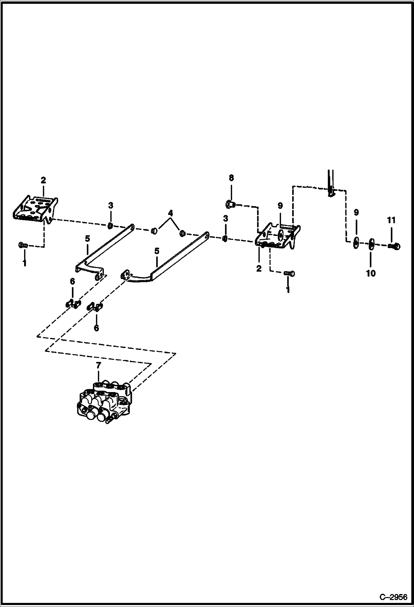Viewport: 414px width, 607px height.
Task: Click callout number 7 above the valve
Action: point(99,365)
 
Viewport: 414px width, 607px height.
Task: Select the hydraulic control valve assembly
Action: point(104,404)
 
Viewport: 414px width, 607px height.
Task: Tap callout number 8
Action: point(231,178)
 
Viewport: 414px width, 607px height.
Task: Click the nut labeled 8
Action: point(229,204)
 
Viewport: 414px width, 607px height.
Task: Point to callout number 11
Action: point(391,220)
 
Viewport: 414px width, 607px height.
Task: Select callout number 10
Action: point(371,273)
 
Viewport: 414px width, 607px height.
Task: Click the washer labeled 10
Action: point(371,245)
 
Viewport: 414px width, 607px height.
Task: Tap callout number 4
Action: point(171,213)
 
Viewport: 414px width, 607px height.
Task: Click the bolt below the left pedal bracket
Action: point(23,245)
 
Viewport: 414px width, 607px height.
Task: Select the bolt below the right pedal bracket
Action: point(289,273)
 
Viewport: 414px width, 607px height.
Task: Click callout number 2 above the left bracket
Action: point(43,180)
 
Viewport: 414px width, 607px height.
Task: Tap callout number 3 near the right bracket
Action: point(226,219)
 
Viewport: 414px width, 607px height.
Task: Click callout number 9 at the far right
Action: point(356,212)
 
